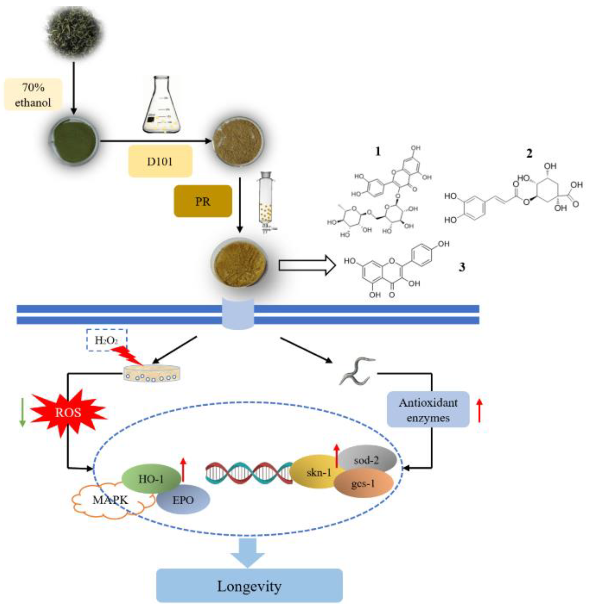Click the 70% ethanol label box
click(x=33, y=94)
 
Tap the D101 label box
click(x=160, y=161)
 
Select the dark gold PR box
click(x=202, y=201)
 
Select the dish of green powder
click(x=74, y=141)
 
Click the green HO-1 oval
click(x=151, y=479)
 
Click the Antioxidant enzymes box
click(x=428, y=410)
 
